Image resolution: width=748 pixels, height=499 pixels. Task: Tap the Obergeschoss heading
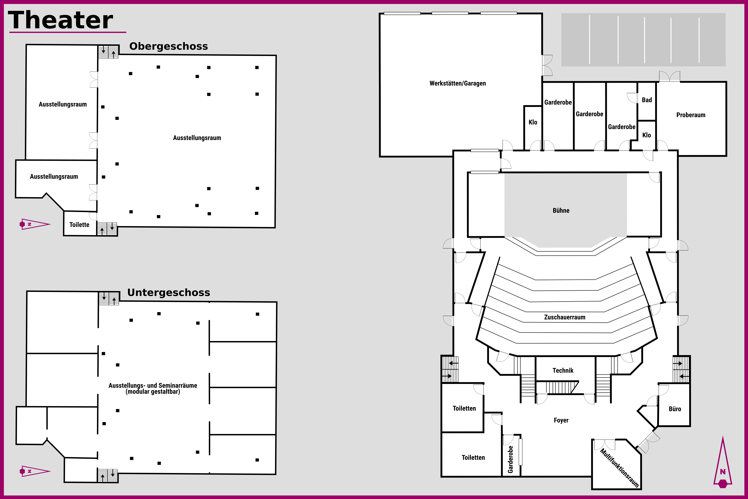coord(169,46)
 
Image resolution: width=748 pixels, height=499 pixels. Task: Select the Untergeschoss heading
coord(169,292)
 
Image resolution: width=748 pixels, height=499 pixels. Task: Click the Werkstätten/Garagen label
coord(458,83)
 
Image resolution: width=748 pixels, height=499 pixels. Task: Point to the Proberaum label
coord(691,115)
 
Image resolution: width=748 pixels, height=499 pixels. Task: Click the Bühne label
coord(561,210)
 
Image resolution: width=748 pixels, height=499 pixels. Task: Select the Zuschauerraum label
coord(565,317)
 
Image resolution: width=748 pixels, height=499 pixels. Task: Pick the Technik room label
coord(563,370)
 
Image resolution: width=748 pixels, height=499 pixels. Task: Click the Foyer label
coord(561,420)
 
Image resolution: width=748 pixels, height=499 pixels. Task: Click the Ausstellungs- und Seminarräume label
coord(153,388)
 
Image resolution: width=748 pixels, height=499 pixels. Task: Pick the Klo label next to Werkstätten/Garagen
coord(533,122)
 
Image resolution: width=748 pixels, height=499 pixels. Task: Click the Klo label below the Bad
coord(647,135)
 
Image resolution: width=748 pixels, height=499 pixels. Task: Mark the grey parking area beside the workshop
coord(643,40)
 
